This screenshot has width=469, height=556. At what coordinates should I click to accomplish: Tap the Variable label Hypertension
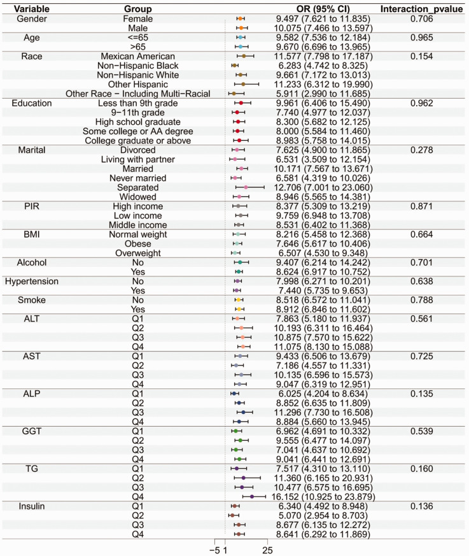point(31,281)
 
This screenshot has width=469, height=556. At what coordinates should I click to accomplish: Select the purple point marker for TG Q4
point(253,496)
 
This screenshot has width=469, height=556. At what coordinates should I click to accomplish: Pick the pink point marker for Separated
point(246,188)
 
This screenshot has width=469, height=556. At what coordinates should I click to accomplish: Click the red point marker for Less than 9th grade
point(241,103)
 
